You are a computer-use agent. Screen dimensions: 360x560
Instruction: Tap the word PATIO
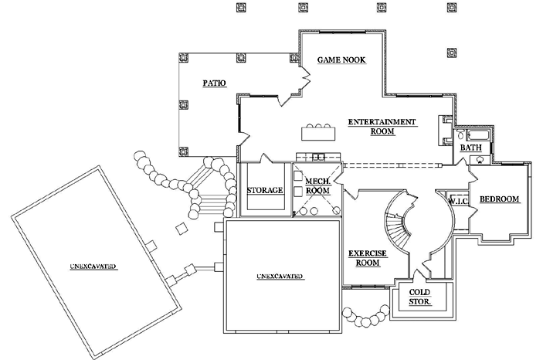coord(214,83)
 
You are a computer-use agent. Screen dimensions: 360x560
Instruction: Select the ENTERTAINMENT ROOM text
coord(382,127)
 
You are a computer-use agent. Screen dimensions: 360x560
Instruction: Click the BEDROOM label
coord(500,199)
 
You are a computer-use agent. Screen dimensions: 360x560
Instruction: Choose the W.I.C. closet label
coord(459,199)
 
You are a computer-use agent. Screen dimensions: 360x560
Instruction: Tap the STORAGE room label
coord(264,190)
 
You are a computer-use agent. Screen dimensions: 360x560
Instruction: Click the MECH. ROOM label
coord(317,185)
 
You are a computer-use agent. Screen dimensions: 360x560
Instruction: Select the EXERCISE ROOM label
coord(367,258)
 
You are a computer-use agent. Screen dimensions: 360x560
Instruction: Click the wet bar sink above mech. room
coord(317,158)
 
